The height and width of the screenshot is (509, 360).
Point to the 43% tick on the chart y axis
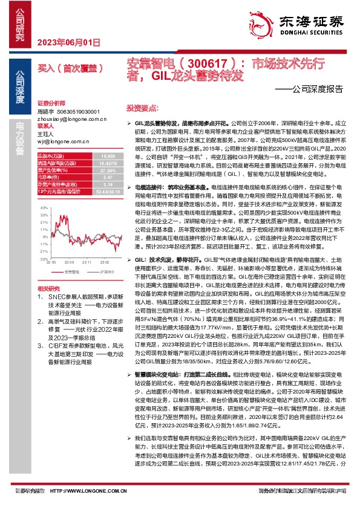click(43, 207)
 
